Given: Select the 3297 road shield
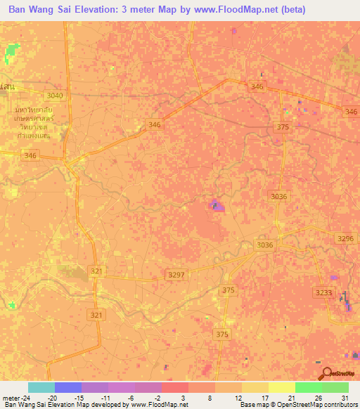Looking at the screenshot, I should click(176, 275).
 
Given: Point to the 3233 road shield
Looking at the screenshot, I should click(323, 292).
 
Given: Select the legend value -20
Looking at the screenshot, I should click(52, 398).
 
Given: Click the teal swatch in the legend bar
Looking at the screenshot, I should click(41, 387).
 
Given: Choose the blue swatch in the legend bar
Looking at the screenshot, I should click(67, 387).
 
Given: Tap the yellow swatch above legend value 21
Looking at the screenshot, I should click(281, 387).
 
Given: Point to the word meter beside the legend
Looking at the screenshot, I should click(13, 398).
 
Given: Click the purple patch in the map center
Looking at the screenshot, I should click(217, 205).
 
